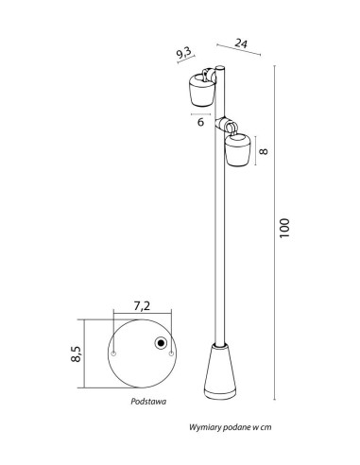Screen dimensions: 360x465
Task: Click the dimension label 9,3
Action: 184,53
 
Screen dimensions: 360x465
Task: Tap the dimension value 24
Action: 241,43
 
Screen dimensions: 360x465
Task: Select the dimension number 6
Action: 200,122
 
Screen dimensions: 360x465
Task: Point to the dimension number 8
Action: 264,151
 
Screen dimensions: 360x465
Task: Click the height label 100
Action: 284,228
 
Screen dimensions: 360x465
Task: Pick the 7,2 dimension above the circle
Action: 142,306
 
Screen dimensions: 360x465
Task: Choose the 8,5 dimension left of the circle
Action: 77,353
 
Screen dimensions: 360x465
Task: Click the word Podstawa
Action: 148,402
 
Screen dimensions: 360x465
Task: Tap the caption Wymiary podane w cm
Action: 231,427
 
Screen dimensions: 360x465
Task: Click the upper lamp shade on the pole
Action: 202,91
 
